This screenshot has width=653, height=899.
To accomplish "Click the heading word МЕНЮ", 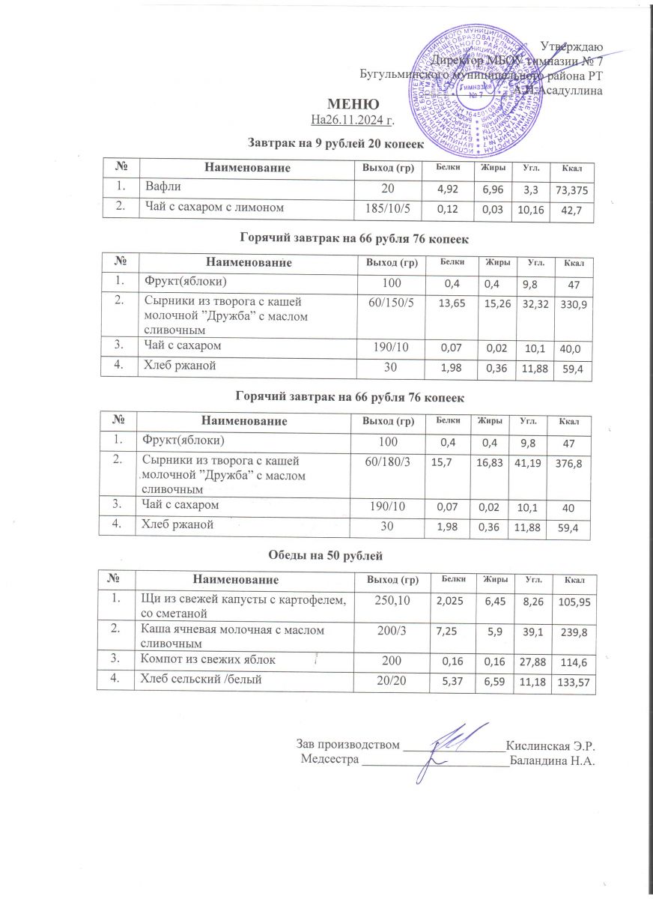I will [x=350, y=103].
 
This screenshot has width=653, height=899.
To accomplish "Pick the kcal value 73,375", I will [x=571, y=191].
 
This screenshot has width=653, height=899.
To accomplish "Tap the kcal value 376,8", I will [x=571, y=465].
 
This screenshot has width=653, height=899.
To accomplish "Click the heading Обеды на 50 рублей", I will [x=325, y=555].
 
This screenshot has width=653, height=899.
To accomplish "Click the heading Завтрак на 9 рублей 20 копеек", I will [x=335, y=142].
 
